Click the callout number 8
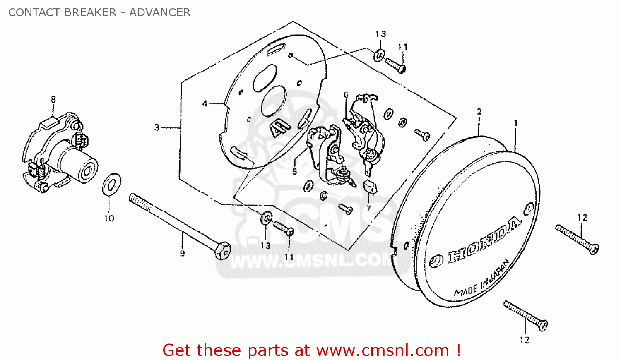tap(53, 99)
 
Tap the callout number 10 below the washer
tap(109, 218)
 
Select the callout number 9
tap(182, 253)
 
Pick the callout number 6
tap(346, 95)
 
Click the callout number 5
tap(294, 172)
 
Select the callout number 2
tap(479, 112)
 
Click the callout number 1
tap(516, 123)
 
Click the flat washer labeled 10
tap(112, 184)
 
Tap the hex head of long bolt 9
tap(223, 251)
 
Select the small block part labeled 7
tap(370, 187)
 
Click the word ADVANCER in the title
tap(160, 12)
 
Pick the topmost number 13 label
tap(380, 34)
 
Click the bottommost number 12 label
tap(525, 340)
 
